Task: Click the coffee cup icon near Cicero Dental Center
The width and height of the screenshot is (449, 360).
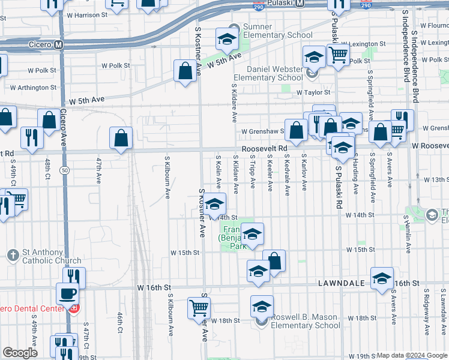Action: point(67,294)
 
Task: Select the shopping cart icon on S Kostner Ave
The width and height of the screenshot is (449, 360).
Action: point(199,308)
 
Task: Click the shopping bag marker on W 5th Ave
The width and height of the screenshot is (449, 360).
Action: point(185,71)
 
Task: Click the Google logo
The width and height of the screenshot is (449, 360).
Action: point(20,353)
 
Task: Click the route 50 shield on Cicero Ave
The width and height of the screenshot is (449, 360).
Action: point(63,171)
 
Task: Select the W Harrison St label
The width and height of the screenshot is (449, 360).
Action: point(87,14)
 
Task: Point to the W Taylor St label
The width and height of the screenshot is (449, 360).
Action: point(313,92)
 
